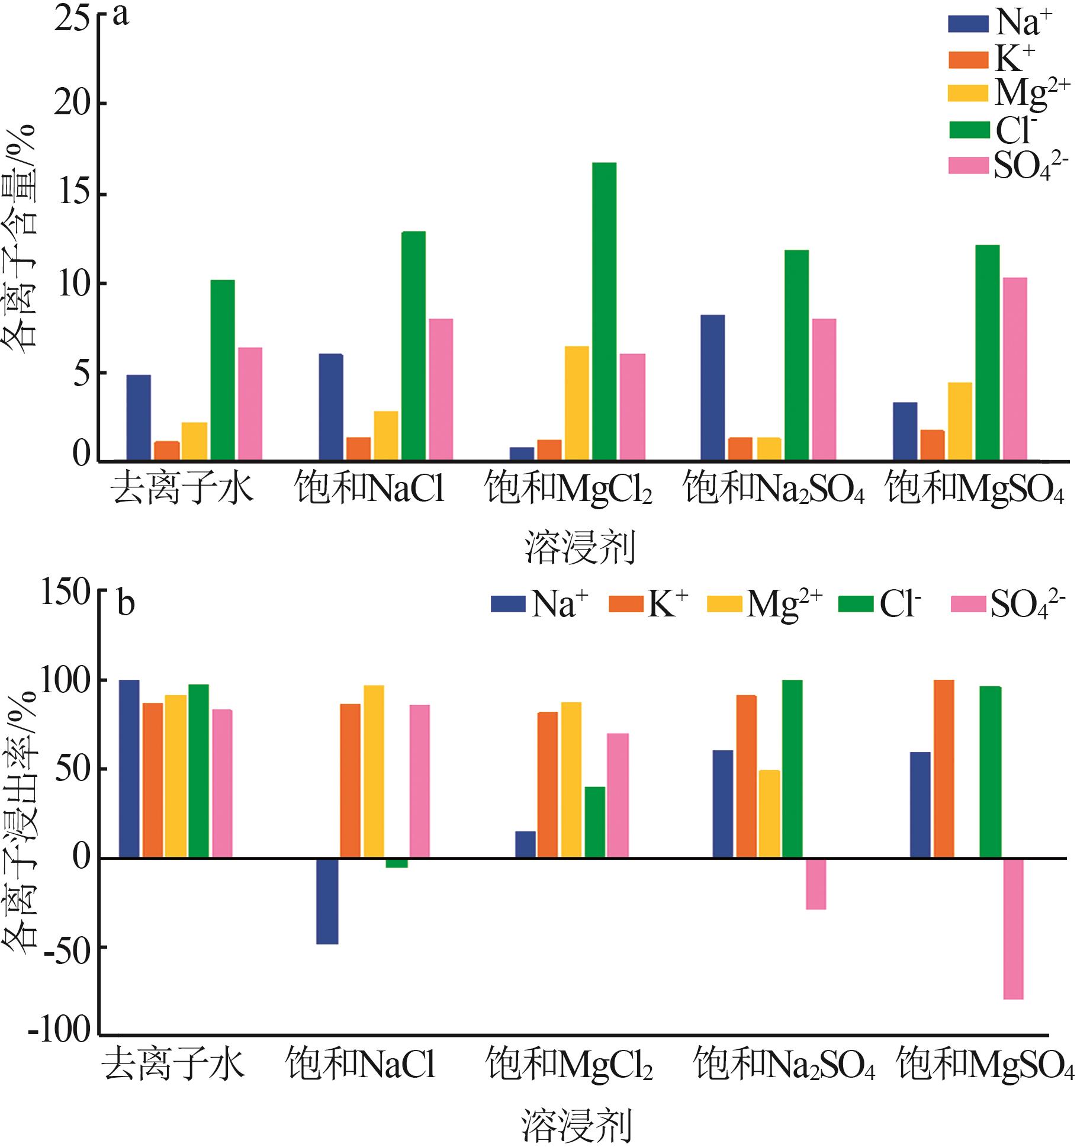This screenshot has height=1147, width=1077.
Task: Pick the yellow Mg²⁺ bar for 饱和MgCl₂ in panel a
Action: coord(577,403)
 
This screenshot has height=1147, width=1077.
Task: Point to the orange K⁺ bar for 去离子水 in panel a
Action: coord(167,450)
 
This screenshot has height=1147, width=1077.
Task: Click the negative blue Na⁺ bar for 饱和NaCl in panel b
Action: coord(327,901)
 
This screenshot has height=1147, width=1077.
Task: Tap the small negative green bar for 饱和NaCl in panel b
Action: coord(397,863)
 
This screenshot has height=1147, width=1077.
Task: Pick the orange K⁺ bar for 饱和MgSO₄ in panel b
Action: coord(944,769)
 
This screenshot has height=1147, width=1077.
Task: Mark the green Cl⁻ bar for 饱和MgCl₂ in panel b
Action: coord(595,822)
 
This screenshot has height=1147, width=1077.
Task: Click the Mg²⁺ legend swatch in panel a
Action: coord(968,94)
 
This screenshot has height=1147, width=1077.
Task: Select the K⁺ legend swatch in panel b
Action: coord(625,604)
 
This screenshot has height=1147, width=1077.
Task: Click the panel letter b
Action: coord(126,604)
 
